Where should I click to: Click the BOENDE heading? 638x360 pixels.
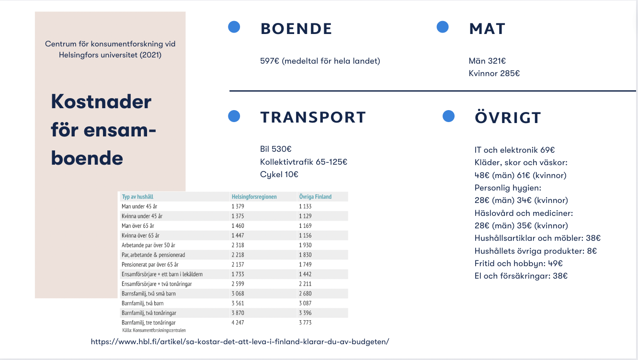pyautogui.click(x=296, y=29)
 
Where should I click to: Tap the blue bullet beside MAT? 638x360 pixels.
pyautogui.click(x=443, y=27)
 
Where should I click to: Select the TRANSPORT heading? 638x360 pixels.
pyautogui.click(x=313, y=117)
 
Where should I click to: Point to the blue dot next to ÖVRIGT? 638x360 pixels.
pyautogui.click(x=448, y=116)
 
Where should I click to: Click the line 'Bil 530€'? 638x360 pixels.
pyautogui.click(x=276, y=149)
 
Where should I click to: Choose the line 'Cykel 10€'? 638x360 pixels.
pyautogui.click(x=279, y=174)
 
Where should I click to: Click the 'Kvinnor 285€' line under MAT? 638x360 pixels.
pyautogui.click(x=494, y=73)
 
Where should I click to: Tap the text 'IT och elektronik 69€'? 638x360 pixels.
pyautogui.click(x=514, y=150)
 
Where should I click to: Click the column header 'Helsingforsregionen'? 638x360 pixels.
pyautogui.click(x=254, y=197)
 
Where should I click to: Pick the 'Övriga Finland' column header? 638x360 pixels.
pyautogui.click(x=315, y=197)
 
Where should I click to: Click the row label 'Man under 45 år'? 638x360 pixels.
pyautogui.click(x=139, y=206)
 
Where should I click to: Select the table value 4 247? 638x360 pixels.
pyautogui.click(x=238, y=323)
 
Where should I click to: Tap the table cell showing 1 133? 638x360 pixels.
pyautogui.click(x=305, y=206)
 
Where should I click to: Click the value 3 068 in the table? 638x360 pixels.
pyautogui.click(x=238, y=293)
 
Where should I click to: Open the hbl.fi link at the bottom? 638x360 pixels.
pyautogui.click(x=240, y=342)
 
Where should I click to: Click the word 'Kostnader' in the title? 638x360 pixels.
pyautogui.click(x=101, y=101)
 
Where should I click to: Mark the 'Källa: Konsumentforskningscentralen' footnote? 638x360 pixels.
pyautogui.click(x=154, y=330)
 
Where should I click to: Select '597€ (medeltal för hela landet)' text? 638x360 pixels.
pyautogui.click(x=320, y=61)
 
